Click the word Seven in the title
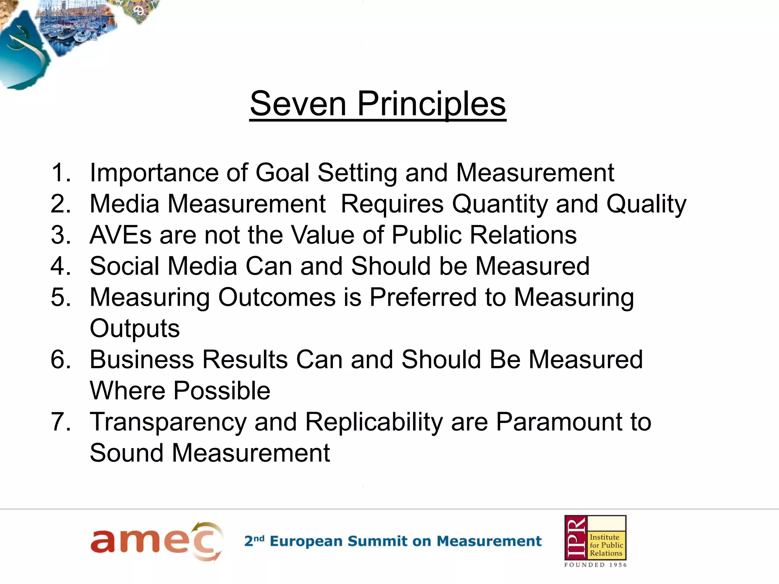298,104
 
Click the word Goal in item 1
282,173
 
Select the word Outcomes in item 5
277,297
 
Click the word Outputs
135,328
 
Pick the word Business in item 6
142,359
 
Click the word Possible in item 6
222,391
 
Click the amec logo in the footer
156,541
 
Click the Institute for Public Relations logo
595,538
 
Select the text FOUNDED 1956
595,565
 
